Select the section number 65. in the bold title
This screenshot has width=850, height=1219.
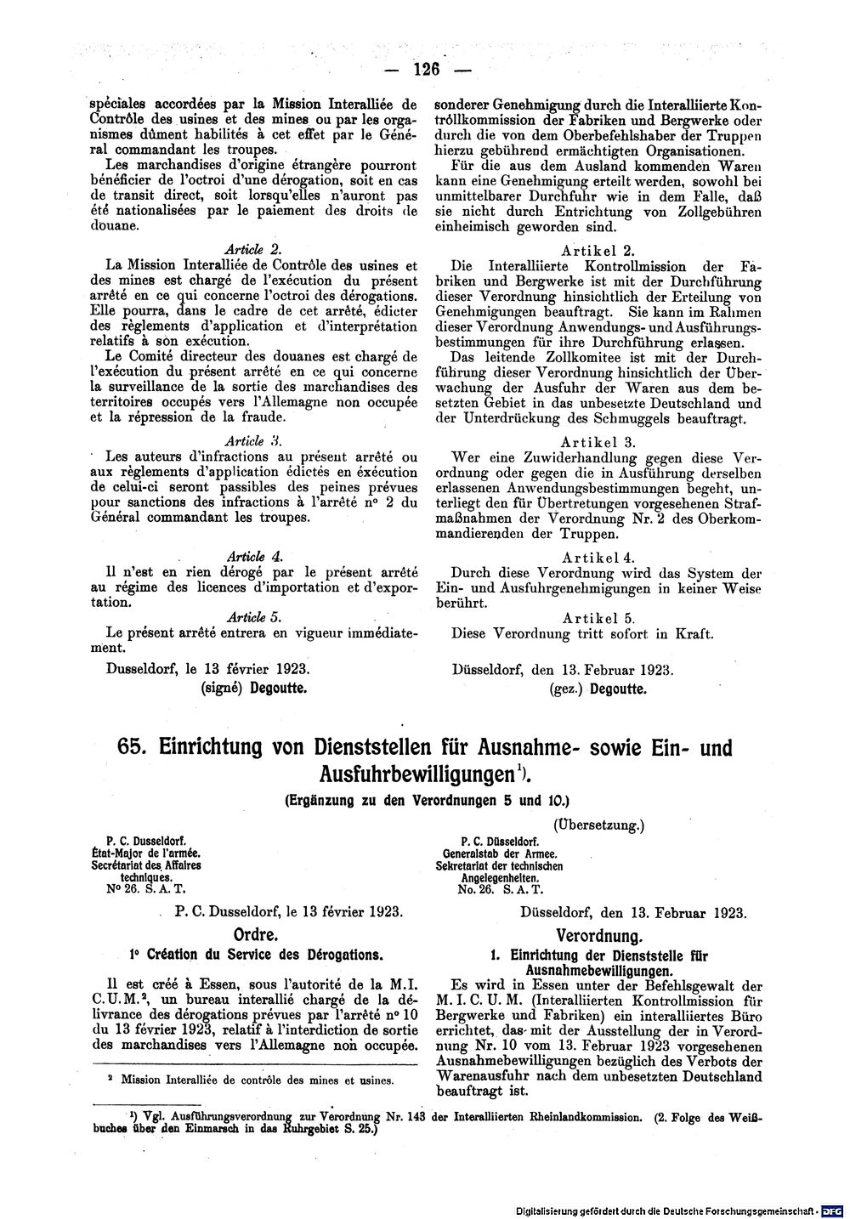(x=132, y=748)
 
